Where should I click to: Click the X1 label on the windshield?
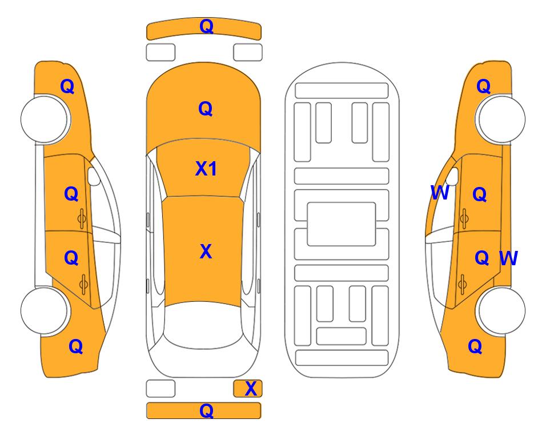(x=206, y=169)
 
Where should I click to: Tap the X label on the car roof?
(x=206, y=252)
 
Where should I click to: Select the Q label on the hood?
(x=206, y=109)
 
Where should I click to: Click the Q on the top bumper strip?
(x=207, y=26)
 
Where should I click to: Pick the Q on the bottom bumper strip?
(x=207, y=410)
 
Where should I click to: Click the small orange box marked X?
(x=248, y=389)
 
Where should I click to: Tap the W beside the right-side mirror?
(x=440, y=193)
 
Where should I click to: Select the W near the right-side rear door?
(x=509, y=258)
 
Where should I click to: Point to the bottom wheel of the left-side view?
(x=44, y=310)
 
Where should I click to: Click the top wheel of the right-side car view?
(x=501, y=119)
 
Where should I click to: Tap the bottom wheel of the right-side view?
(x=501, y=310)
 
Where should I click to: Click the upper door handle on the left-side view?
(x=82, y=219)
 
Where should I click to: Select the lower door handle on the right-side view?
(x=463, y=285)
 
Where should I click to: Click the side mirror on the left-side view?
(x=93, y=176)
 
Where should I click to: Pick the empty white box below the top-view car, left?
(x=160, y=389)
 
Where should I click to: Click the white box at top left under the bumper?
(x=160, y=53)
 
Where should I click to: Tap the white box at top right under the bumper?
(x=248, y=53)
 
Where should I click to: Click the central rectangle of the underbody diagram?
(x=342, y=224)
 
